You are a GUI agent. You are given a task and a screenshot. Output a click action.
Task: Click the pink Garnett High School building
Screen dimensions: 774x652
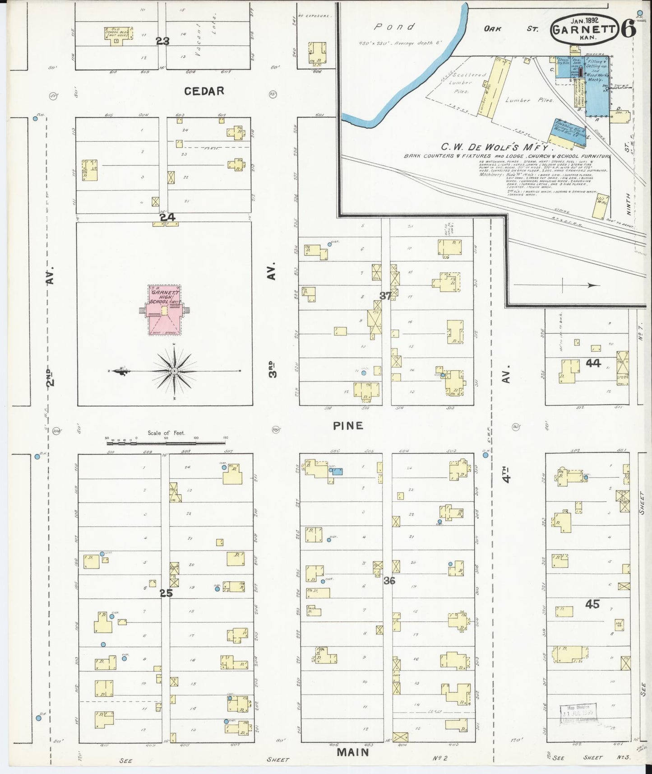click(x=164, y=311)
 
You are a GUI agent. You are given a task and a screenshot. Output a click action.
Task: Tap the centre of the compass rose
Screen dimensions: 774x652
click(x=174, y=371)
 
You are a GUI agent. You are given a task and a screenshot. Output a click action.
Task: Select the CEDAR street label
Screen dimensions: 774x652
click(x=204, y=91)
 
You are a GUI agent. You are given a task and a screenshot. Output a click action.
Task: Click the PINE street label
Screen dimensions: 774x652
click(x=348, y=425)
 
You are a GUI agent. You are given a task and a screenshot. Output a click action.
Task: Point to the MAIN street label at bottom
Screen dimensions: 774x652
click(x=353, y=752)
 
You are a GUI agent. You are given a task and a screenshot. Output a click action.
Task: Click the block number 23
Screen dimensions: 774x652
click(x=162, y=42)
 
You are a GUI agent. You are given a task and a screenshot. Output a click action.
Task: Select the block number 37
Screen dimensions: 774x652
click(x=385, y=296)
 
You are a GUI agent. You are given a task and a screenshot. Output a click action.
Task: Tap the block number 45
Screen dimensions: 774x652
click(x=592, y=604)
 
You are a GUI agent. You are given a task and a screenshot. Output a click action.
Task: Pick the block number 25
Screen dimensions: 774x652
click(x=166, y=593)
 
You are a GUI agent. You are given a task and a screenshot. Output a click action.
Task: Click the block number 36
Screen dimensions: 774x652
click(x=389, y=581)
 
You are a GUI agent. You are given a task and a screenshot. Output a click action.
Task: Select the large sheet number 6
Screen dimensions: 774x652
click(x=629, y=29)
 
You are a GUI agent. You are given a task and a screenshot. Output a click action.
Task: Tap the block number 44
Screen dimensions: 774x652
click(x=593, y=363)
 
